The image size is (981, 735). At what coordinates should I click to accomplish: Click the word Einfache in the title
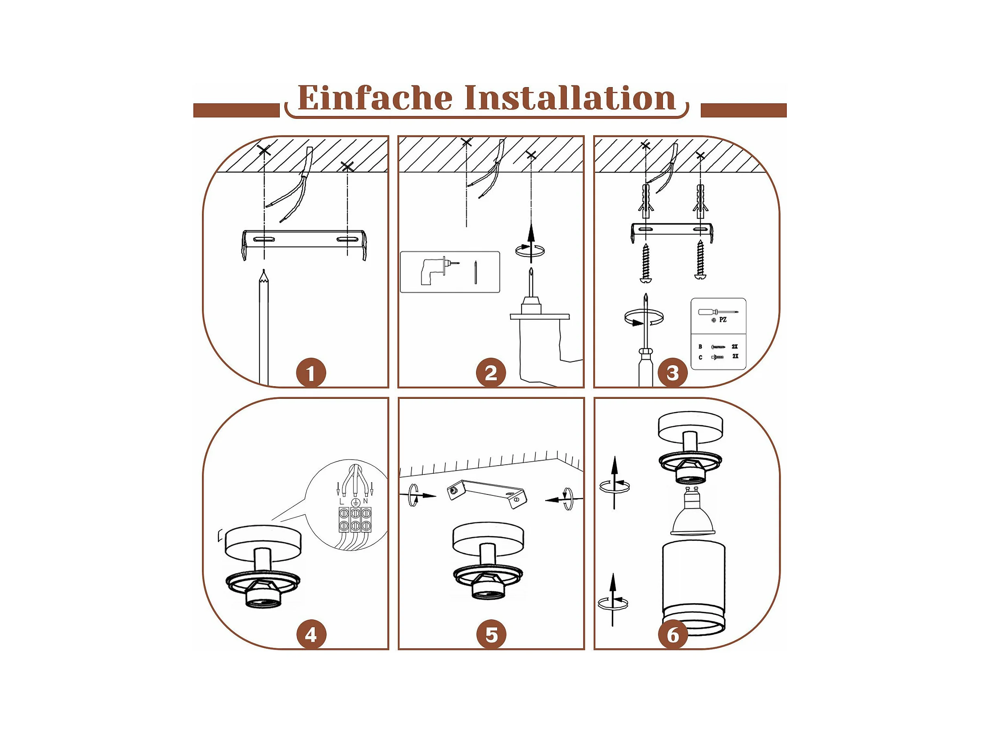pyautogui.click(x=375, y=98)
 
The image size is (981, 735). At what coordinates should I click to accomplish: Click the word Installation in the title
pyautogui.click(x=569, y=98)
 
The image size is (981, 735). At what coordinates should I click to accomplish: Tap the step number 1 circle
pyautogui.click(x=311, y=373)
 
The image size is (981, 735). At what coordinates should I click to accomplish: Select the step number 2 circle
pyautogui.click(x=490, y=373)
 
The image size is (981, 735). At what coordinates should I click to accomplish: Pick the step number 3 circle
pyautogui.click(x=673, y=373)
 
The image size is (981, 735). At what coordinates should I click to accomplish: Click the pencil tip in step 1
pyautogui.click(x=264, y=273)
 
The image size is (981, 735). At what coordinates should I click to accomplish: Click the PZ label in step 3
pyautogui.click(x=723, y=319)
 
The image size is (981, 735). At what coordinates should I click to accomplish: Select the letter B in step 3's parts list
pyautogui.click(x=700, y=347)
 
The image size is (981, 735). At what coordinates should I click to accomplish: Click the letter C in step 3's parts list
pyautogui.click(x=700, y=357)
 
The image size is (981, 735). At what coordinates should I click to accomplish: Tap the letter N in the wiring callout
pyautogui.click(x=365, y=501)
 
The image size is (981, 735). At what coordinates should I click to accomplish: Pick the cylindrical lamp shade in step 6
pyautogui.click(x=694, y=585)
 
